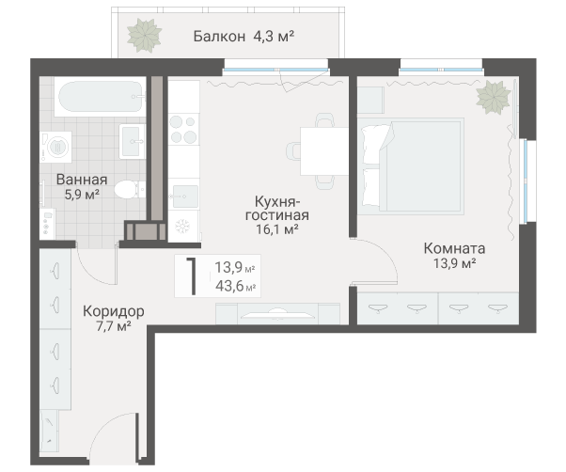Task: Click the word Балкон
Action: [x=219, y=37]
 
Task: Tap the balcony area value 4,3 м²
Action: [x=274, y=37]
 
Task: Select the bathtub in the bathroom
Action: [x=99, y=96]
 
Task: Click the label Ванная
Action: [x=81, y=180]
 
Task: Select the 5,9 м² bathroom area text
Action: [x=81, y=195]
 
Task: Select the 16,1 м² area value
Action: [x=277, y=228]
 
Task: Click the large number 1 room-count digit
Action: [x=193, y=275]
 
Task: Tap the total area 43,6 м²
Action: [x=235, y=286]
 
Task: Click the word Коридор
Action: [x=113, y=311]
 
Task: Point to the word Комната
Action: [x=454, y=249]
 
